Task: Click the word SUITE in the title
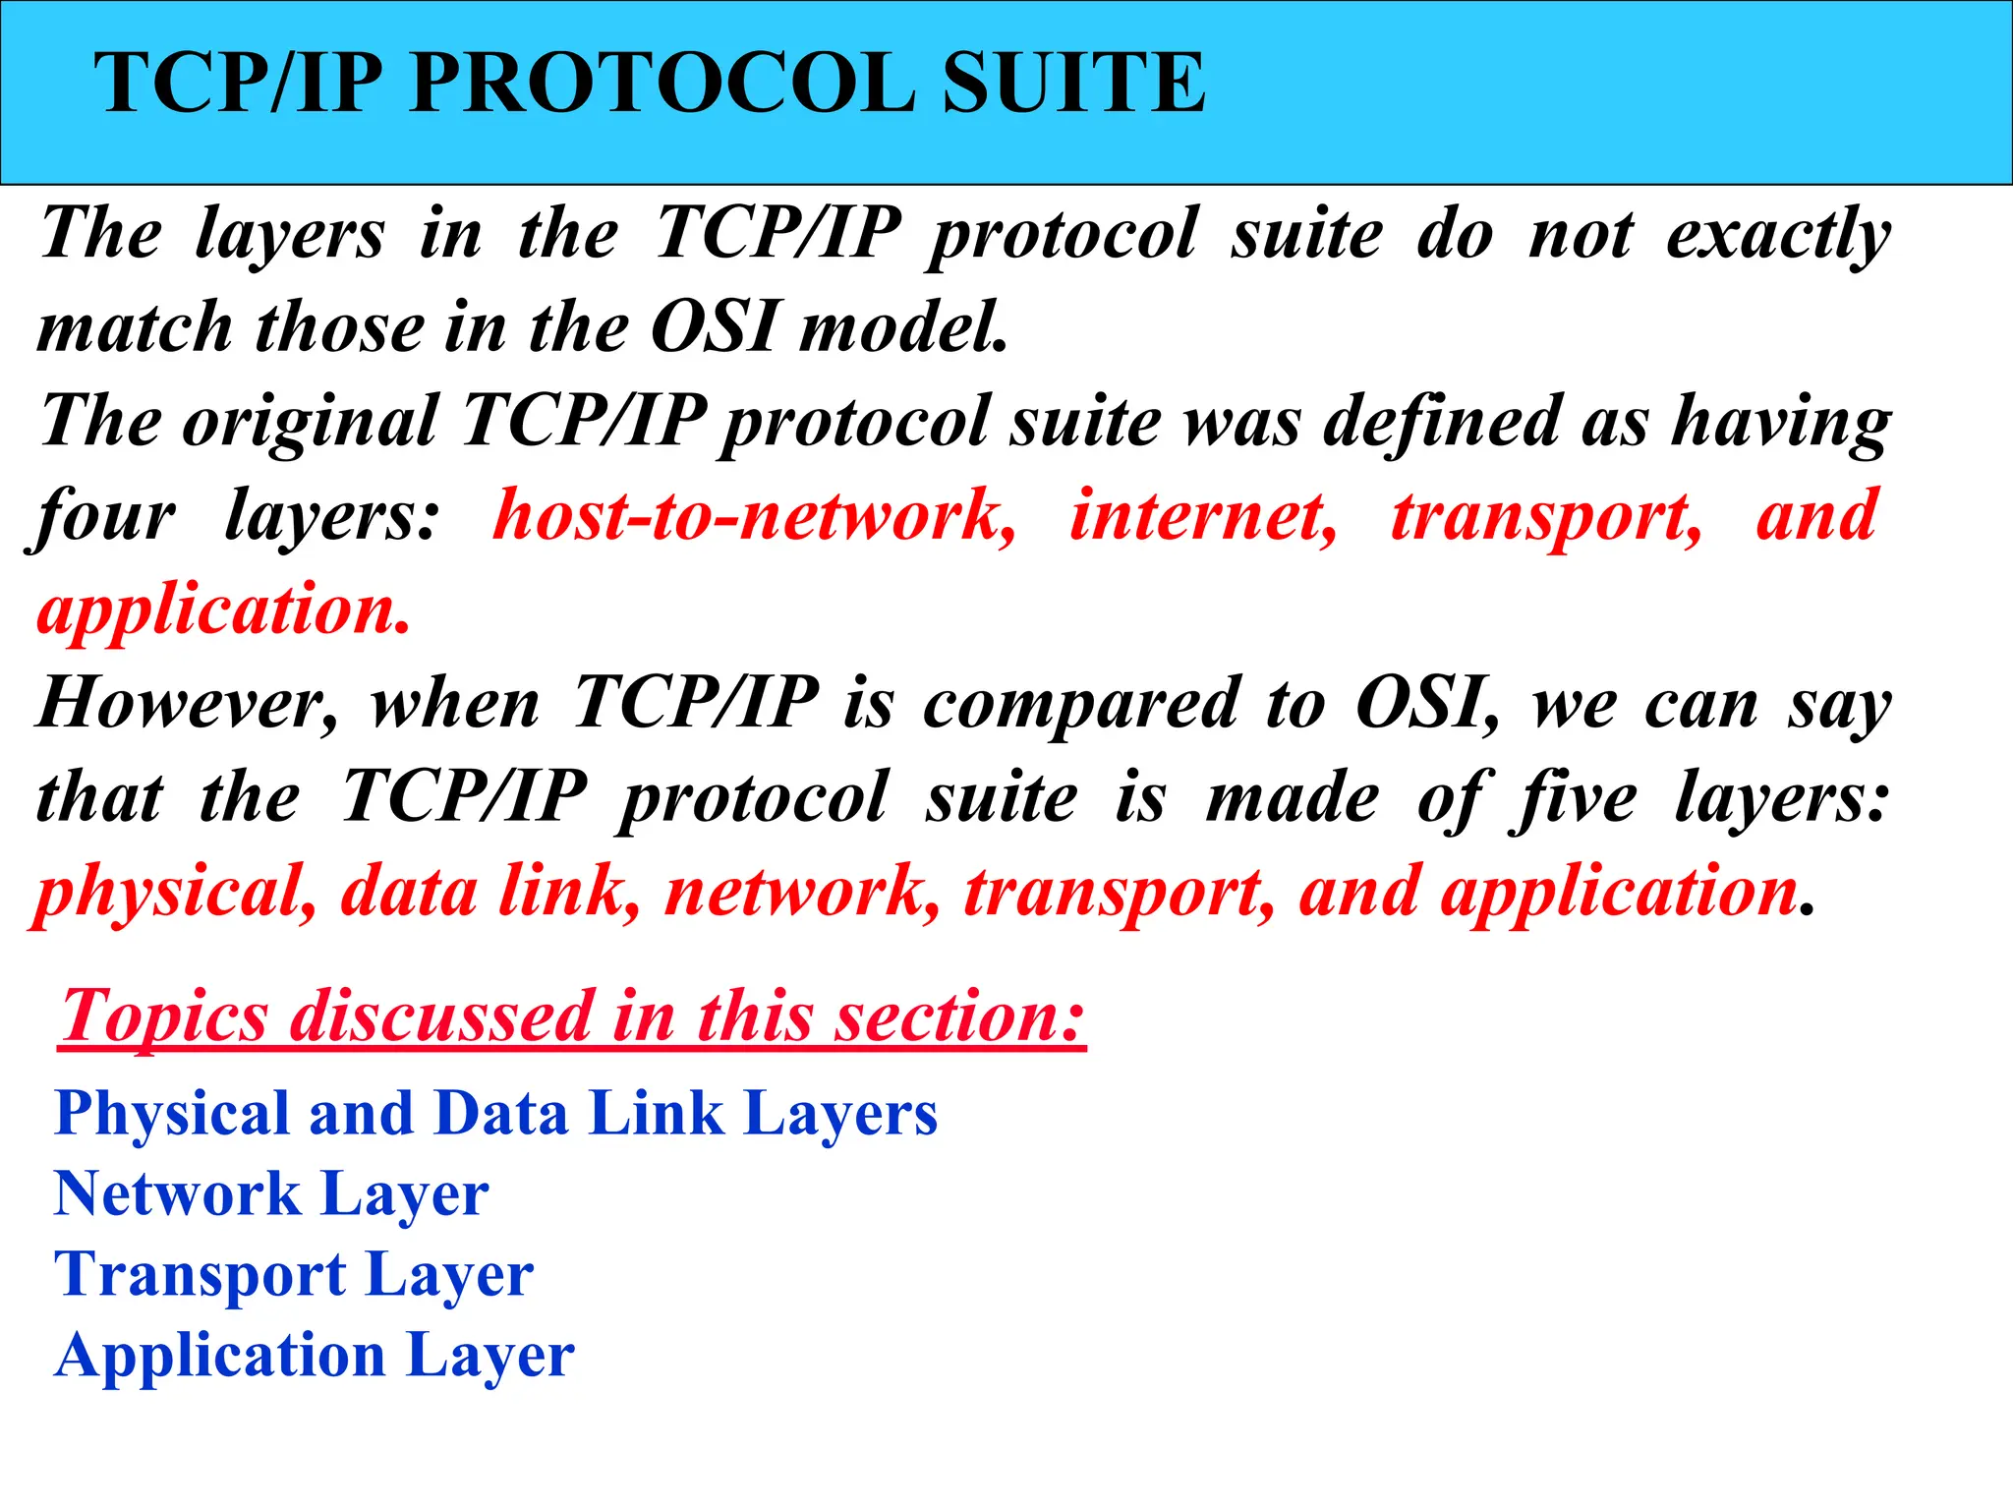pos(1072,84)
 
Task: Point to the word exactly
pos(1778,236)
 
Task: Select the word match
pos(135,327)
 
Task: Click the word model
pos(903,327)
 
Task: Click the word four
pos(103,516)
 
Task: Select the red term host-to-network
pos(754,516)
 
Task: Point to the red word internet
pos(1203,516)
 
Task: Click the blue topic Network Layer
pos(271,1194)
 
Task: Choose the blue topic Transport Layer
pos(294,1275)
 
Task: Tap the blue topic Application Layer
pos(315,1356)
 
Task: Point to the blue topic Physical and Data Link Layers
pos(496,1114)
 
